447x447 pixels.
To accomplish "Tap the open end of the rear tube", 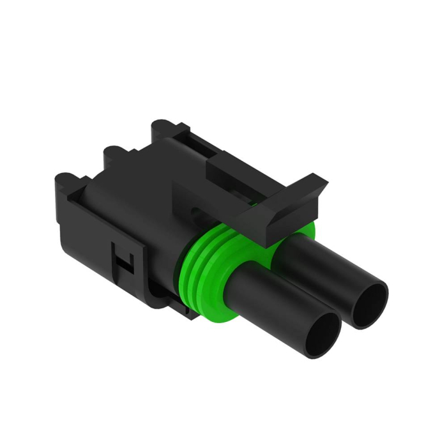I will click(368, 301).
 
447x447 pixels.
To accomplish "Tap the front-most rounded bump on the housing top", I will click(65, 179).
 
